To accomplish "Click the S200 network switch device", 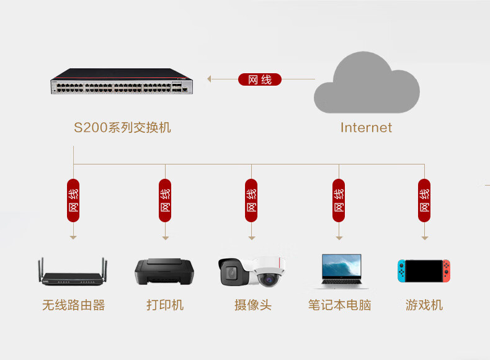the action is coord(122,81).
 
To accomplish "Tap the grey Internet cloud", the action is coord(367,83).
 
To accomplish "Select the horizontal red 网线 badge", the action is coord(260,79).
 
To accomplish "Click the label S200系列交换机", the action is coord(122,127).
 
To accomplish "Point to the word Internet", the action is coord(366,128).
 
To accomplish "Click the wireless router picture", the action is coord(73,271).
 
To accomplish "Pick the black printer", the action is coord(164,271).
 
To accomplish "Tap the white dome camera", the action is coord(269,271).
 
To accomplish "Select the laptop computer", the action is coord(342,271).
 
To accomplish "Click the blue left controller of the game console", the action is coord(401,271).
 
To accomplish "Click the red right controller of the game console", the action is coord(446,271).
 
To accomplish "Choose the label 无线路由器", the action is coord(73,305).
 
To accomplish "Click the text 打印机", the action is coord(165,305).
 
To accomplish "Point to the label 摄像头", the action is coord(253,305).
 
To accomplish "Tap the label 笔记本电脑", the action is coord(340,305).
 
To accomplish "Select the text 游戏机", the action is coord(424,305).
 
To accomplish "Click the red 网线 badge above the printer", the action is coord(165,200).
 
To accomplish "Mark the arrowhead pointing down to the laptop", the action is coord(339,238).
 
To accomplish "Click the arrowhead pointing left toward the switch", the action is coord(209,79).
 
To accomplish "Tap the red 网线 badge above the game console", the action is coord(424,200).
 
